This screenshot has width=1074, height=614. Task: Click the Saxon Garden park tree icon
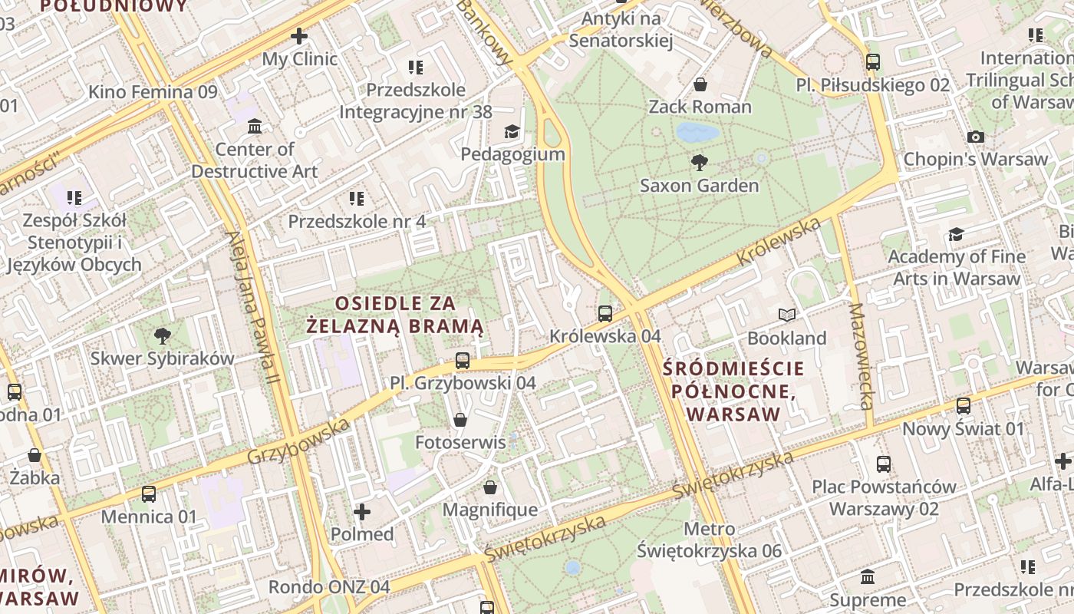699,162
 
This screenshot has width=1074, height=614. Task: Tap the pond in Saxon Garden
697,133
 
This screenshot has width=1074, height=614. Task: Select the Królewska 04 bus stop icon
605,313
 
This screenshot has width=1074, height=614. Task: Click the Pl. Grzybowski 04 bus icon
462,360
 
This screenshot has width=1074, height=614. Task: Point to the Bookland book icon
787,315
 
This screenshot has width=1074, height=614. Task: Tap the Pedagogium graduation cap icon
512,132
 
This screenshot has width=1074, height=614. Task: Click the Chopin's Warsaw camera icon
975,137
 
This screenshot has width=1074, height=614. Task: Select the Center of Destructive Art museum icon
255,126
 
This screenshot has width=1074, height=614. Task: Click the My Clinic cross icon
299,36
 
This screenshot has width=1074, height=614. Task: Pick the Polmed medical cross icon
362,511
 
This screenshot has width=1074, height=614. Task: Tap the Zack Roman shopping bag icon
700,84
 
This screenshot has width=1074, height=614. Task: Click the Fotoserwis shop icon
460,419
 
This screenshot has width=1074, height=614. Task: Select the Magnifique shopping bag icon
490,487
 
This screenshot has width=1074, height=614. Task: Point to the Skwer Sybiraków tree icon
162,335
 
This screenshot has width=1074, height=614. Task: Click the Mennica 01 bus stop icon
149,494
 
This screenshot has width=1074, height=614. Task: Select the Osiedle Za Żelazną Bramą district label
395,315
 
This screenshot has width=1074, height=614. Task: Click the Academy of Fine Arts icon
956,234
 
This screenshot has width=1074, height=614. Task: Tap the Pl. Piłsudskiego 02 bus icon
872,62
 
